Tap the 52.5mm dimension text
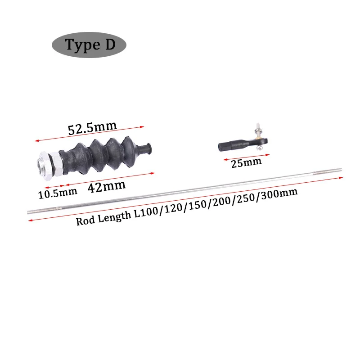point(92,129)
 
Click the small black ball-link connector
point(234,145)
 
